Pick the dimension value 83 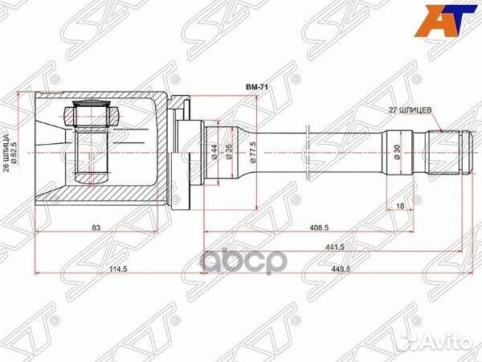[x=96, y=228]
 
